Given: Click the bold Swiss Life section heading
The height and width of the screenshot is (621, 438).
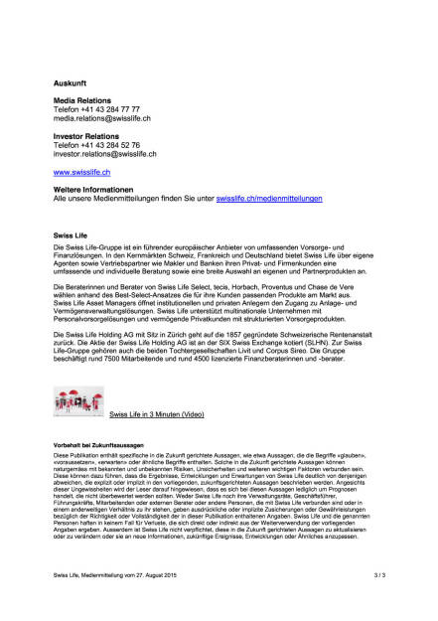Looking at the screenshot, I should tap(70, 235).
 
